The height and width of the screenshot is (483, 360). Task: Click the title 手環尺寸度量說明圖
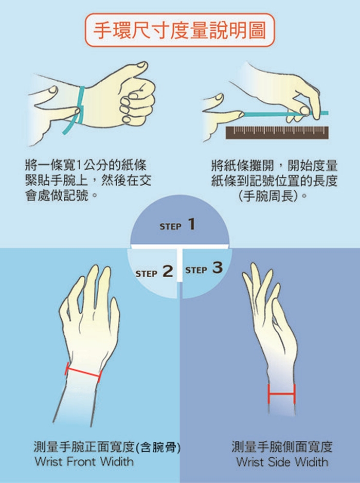[x=179, y=30]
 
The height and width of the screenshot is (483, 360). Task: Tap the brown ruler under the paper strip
[x=277, y=133]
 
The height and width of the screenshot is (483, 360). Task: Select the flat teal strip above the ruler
[x=285, y=114]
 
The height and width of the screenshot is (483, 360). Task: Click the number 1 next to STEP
[x=191, y=224]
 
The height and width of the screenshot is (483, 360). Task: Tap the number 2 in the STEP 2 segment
[x=168, y=271]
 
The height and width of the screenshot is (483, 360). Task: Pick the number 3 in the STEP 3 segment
[x=218, y=267]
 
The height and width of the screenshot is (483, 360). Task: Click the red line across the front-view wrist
[x=83, y=373]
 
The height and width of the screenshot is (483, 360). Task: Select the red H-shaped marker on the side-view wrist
[x=281, y=393]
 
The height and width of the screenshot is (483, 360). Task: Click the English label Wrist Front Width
[x=84, y=461]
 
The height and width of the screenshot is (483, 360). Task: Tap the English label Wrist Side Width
[x=282, y=462]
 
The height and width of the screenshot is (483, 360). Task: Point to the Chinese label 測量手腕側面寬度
[x=282, y=446]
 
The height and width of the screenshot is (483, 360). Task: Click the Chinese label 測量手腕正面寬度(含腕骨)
[x=107, y=446]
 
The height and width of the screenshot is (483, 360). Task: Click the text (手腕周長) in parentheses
[x=273, y=195]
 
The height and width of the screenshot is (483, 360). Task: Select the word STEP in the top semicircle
[x=170, y=227]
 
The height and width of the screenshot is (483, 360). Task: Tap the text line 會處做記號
[x=62, y=195]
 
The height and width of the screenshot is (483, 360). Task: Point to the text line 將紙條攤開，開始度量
[x=275, y=166]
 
